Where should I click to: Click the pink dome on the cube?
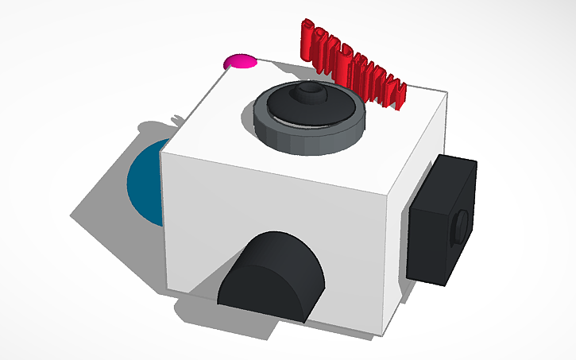tap(241, 61)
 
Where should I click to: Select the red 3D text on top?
tap(350, 60)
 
